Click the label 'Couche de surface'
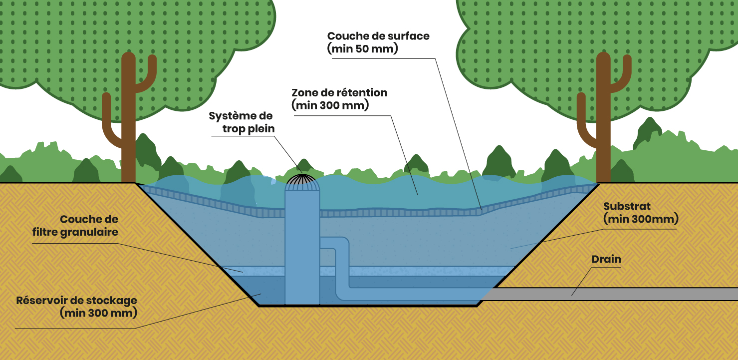coord(378,36)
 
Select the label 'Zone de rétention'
coord(339,93)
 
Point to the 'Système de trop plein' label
coord(242,122)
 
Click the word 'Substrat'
coord(627,206)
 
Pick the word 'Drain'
coord(606,260)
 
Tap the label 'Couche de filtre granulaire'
coord(89,226)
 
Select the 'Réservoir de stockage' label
coord(76,301)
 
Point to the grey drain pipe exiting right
coord(624,294)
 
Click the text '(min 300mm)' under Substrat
coord(641,219)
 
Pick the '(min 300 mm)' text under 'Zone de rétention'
coord(330,105)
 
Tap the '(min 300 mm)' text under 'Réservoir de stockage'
coord(98,314)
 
